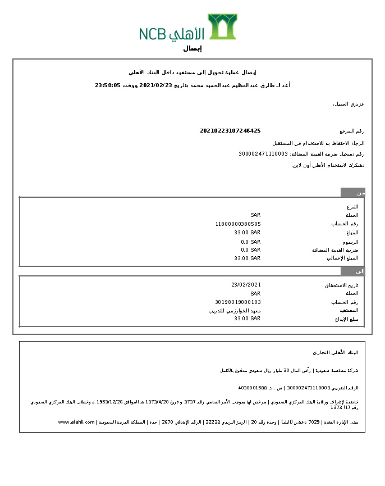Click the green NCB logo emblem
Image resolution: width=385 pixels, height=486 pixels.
[x=222, y=26]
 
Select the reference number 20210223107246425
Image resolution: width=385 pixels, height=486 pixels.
[x=230, y=131]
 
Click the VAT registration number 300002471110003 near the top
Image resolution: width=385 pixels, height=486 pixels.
[x=263, y=153]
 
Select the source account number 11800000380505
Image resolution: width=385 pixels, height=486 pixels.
[x=238, y=224]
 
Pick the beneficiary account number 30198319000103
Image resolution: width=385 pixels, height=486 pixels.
[x=238, y=302]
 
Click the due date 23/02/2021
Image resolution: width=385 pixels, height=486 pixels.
[x=246, y=285]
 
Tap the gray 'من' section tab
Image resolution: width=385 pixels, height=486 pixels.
[x=353, y=193]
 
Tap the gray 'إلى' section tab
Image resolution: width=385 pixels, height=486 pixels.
[x=353, y=271]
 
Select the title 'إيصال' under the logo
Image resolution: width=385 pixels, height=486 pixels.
[x=192, y=49]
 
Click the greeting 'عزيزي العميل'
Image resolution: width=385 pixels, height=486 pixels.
[x=349, y=105]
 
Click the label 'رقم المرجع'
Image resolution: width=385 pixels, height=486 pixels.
[x=352, y=131]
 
